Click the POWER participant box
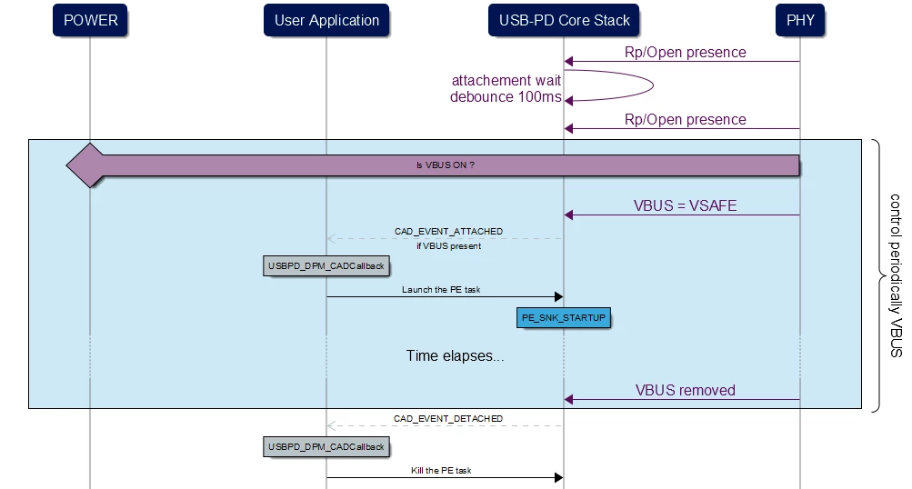pyautogui.click(x=90, y=20)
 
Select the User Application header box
pyautogui.click(x=326, y=20)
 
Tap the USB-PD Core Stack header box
pyautogui.click(x=564, y=20)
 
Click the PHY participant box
pyautogui.click(x=800, y=20)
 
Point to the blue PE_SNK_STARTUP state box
pyautogui.click(x=564, y=318)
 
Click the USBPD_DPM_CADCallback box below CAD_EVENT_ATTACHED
pyautogui.click(x=326, y=266)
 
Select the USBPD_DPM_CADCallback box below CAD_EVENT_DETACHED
pyautogui.click(x=326, y=447)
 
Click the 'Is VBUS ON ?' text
pyautogui.click(x=446, y=165)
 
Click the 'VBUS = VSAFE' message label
pyautogui.click(x=686, y=205)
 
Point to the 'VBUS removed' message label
pyautogui.click(x=686, y=390)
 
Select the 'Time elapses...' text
pyautogui.click(x=455, y=356)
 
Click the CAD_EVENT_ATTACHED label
pyautogui.click(x=448, y=232)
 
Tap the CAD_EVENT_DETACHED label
pyautogui.click(x=448, y=419)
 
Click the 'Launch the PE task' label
pyautogui.click(x=441, y=290)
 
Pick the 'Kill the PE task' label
pyautogui.click(x=441, y=471)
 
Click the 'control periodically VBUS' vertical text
pyautogui.click(x=896, y=275)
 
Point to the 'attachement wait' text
pyautogui.click(x=506, y=80)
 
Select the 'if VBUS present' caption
pyautogui.click(x=448, y=246)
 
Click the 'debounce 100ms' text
pyautogui.click(x=506, y=96)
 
